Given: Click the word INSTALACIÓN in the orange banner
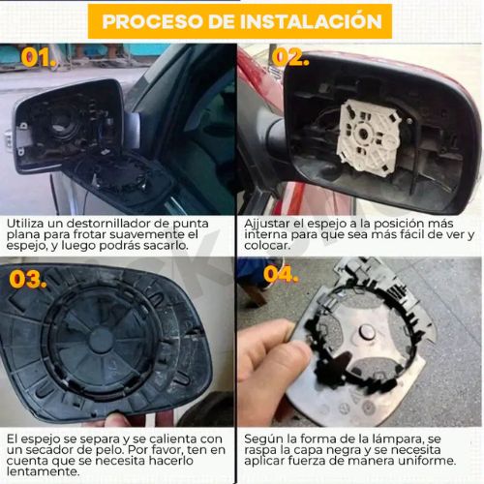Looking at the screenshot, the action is click(311, 21).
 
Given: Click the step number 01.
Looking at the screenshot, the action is click(39, 57).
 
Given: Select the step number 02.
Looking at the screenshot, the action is click(290, 57).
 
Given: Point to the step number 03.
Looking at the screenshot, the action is click(28, 279).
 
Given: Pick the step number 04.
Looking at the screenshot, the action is click(281, 274).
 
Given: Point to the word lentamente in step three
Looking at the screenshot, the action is click(43, 471).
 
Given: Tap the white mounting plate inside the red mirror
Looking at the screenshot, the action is click(369, 137).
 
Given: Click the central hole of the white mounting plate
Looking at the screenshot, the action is click(364, 133).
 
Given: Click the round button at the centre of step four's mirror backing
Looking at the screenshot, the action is click(368, 332).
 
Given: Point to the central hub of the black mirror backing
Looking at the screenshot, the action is click(101, 340).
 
